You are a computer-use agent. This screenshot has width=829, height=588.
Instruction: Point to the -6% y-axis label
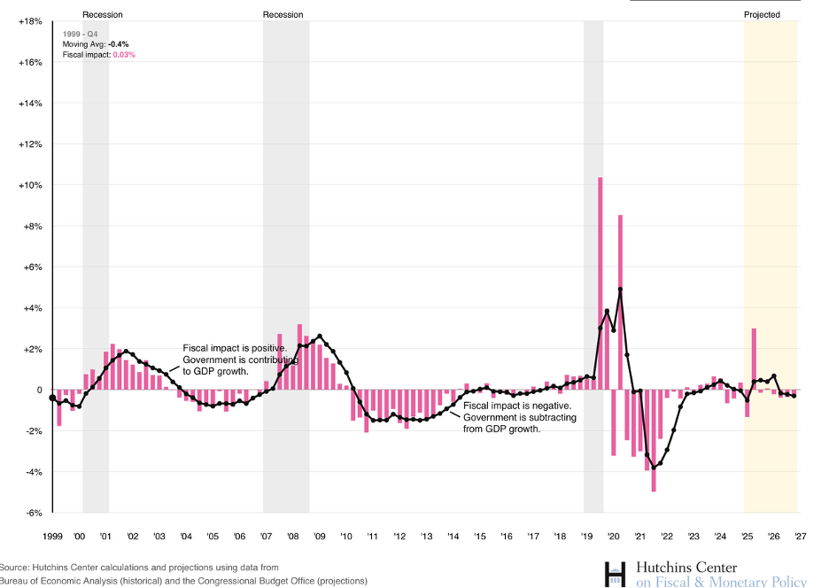click(x=32, y=513)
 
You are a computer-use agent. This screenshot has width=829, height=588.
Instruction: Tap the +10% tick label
click(x=30, y=185)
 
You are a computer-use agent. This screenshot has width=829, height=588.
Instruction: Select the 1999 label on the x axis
click(x=52, y=537)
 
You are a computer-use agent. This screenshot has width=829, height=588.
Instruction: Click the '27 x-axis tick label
click(x=800, y=537)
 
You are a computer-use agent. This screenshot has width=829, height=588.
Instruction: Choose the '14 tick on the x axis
click(x=453, y=537)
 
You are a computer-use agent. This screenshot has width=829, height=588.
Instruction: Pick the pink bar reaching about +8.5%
click(x=621, y=301)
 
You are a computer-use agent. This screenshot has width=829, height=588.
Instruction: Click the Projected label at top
click(x=762, y=15)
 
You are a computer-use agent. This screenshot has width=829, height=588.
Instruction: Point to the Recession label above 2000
click(x=103, y=15)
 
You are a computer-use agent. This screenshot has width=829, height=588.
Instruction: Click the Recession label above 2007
click(x=283, y=15)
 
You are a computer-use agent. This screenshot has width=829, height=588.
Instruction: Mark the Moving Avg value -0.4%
click(x=120, y=43)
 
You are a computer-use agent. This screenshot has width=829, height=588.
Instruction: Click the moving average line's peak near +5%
click(x=621, y=290)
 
